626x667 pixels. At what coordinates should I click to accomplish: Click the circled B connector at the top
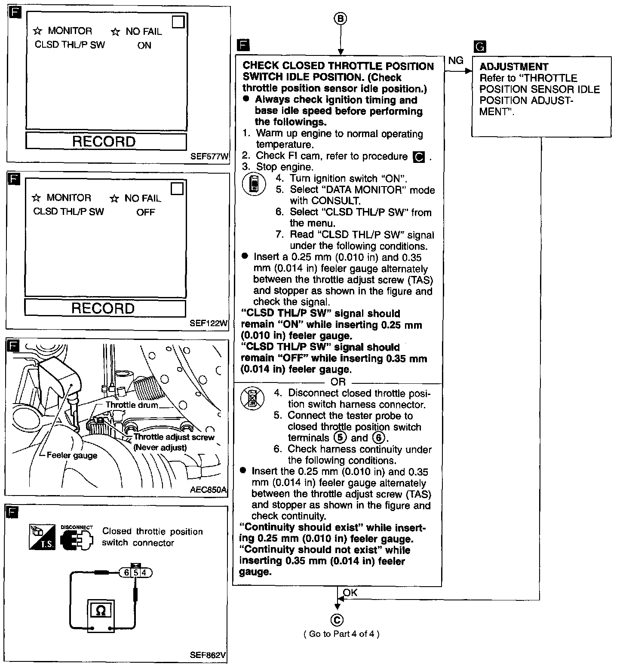[340, 18]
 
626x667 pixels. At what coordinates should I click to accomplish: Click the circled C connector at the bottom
[337, 619]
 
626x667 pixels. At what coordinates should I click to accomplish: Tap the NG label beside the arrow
[456, 61]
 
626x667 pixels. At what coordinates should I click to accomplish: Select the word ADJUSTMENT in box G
[514, 67]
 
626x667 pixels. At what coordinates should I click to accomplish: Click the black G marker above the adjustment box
[479, 46]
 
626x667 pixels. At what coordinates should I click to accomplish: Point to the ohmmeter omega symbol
[101, 610]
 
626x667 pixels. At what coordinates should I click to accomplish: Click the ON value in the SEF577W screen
[144, 46]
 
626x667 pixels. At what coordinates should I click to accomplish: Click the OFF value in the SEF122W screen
[145, 212]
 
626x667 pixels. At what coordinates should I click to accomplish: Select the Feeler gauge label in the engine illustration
[72, 456]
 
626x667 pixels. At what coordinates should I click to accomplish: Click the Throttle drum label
[132, 405]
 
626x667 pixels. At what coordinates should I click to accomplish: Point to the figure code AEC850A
[208, 489]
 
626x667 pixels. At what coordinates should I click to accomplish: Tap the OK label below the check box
[350, 593]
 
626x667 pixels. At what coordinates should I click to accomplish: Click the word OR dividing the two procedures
[338, 382]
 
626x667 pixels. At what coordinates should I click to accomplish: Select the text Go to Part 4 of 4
[341, 634]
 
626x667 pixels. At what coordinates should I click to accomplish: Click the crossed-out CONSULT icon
[252, 398]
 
